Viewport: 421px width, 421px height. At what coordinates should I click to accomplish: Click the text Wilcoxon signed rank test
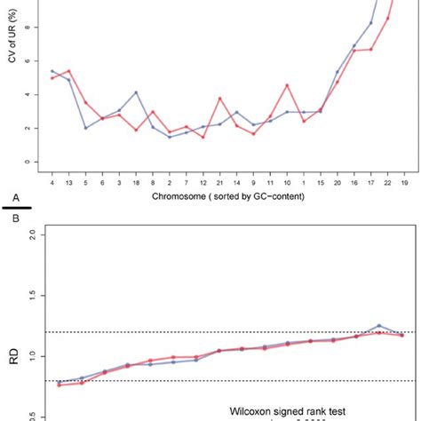click(308, 399)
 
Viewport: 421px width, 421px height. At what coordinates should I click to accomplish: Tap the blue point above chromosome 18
click(136, 92)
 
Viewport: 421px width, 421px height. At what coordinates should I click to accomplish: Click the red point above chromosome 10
click(287, 85)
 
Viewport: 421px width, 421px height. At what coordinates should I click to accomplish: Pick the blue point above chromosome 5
click(86, 128)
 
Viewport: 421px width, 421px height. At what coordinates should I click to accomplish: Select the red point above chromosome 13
click(69, 70)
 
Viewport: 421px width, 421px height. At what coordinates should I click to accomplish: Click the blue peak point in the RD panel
click(379, 326)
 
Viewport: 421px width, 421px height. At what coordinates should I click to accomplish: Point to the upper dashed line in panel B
click(222, 332)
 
